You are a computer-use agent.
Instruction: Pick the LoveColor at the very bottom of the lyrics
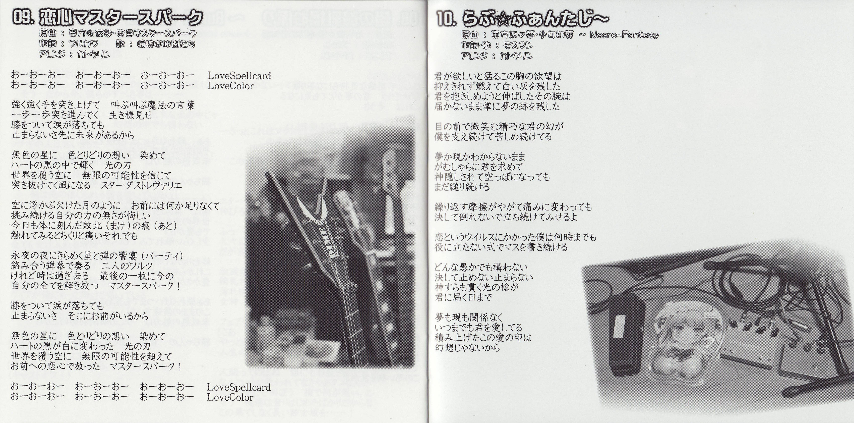[x=230, y=397]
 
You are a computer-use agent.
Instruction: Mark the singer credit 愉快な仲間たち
[x=166, y=44]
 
